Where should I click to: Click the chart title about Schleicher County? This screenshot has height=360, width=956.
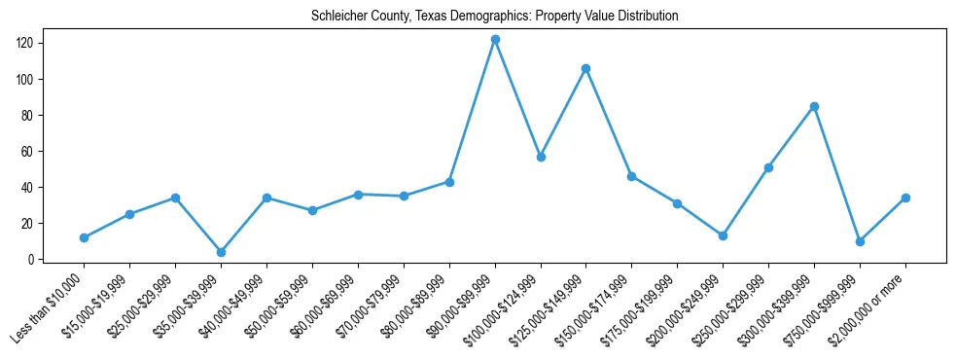coord(494,17)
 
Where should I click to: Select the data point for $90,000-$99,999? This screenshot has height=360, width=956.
coord(495,39)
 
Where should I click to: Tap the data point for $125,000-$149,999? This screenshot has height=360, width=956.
coord(586,68)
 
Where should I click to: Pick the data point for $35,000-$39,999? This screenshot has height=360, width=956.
coord(221,252)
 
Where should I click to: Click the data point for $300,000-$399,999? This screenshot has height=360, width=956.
coord(814,106)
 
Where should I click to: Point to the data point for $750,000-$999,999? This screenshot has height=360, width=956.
coord(860,241)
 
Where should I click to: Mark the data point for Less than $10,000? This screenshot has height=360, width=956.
coord(84,237)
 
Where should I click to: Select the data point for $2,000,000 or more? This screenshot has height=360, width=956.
coord(905,198)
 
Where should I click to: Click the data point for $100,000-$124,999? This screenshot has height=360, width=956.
coord(541,157)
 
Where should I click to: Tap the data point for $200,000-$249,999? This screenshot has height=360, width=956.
coord(723,235)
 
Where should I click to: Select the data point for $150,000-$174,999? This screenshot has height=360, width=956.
coord(632,176)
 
